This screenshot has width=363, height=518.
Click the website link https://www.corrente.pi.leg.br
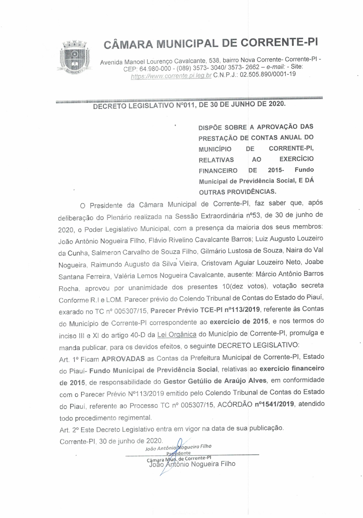171,76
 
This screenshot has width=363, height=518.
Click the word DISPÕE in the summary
210,128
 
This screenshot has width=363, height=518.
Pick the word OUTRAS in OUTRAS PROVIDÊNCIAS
212,192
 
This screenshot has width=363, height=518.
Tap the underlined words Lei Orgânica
177,335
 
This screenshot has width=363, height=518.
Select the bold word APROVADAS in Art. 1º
123,359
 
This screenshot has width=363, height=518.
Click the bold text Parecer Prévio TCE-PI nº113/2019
205,310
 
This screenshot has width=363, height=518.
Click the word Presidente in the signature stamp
178,453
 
